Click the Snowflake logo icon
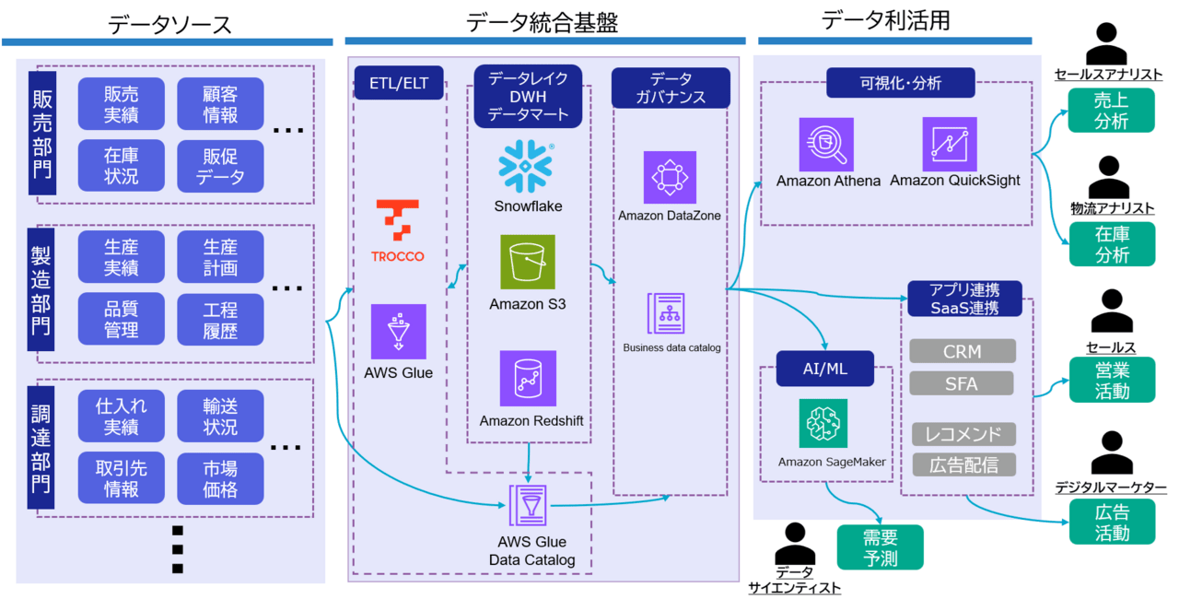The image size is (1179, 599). [x=527, y=167]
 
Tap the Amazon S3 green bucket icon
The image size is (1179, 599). [x=528, y=262]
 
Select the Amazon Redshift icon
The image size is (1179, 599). [x=528, y=379]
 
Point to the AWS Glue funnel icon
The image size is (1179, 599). [x=399, y=331]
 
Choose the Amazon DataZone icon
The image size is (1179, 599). [x=670, y=177]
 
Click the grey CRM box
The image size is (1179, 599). [x=963, y=351]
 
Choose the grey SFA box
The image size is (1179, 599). [x=963, y=382]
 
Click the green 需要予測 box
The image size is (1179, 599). [x=880, y=547]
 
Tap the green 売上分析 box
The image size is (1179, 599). [x=1112, y=110]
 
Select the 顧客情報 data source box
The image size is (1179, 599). [x=220, y=103]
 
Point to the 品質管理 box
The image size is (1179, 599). [x=122, y=318]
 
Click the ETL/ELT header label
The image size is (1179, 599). [x=399, y=81]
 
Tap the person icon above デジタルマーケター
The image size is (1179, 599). [x=1111, y=452]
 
